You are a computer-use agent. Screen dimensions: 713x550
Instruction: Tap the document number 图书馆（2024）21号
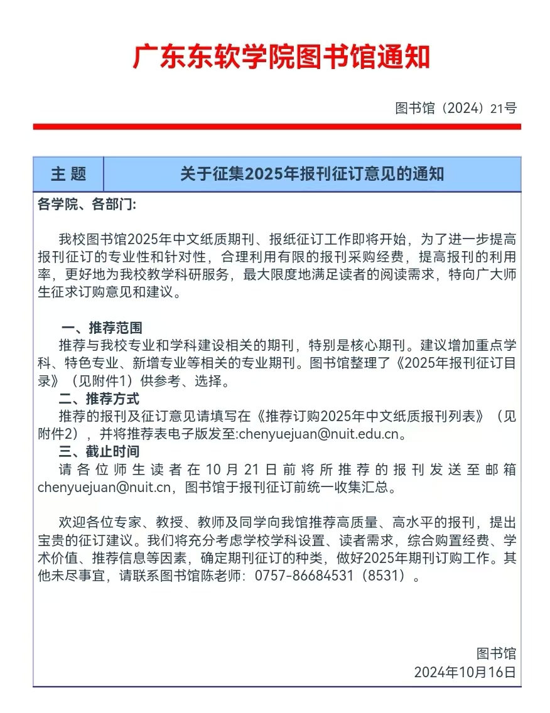[456, 108]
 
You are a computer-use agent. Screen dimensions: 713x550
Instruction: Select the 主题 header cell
[68, 174]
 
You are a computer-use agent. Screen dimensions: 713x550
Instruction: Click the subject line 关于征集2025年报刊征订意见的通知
[312, 174]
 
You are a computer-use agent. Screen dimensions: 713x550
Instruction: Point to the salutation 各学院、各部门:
[86, 205]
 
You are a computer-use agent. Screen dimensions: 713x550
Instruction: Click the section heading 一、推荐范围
[101, 328]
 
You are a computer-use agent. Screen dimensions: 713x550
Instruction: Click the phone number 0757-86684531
[304, 576]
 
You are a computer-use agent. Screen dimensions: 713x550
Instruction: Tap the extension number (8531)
[383, 576]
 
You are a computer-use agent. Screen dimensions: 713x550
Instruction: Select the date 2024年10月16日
[465, 672]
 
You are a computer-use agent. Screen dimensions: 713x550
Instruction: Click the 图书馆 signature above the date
[496, 654]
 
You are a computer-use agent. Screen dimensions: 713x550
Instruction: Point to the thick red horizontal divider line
[277, 127]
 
